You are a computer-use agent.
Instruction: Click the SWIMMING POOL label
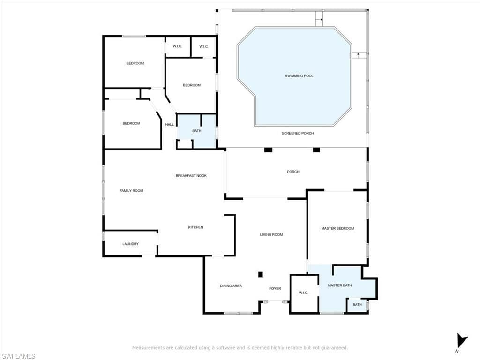tap(299, 76)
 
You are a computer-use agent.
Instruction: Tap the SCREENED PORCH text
tap(298, 133)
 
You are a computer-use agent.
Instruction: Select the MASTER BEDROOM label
tap(337, 228)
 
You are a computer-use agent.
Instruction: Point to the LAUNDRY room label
tap(130, 244)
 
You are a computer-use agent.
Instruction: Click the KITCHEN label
tap(195, 227)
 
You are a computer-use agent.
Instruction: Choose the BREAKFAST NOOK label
tap(191, 176)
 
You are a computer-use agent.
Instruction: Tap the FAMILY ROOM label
tap(131, 191)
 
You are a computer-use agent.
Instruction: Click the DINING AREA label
tap(231, 286)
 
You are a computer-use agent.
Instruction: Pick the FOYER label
tap(275, 289)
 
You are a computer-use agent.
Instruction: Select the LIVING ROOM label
tap(271, 235)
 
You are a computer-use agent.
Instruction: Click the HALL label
tap(170, 125)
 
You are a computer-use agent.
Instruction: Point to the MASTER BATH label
tap(340, 285)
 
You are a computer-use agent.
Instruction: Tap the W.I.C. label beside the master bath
tap(303, 293)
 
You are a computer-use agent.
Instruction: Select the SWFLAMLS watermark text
tap(18, 356)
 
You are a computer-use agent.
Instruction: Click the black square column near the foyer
tap(261, 274)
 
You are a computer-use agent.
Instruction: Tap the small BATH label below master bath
tap(357, 305)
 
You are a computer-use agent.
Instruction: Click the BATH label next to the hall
tap(197, 131)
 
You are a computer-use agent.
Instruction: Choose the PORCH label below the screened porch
tap(293, 172)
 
